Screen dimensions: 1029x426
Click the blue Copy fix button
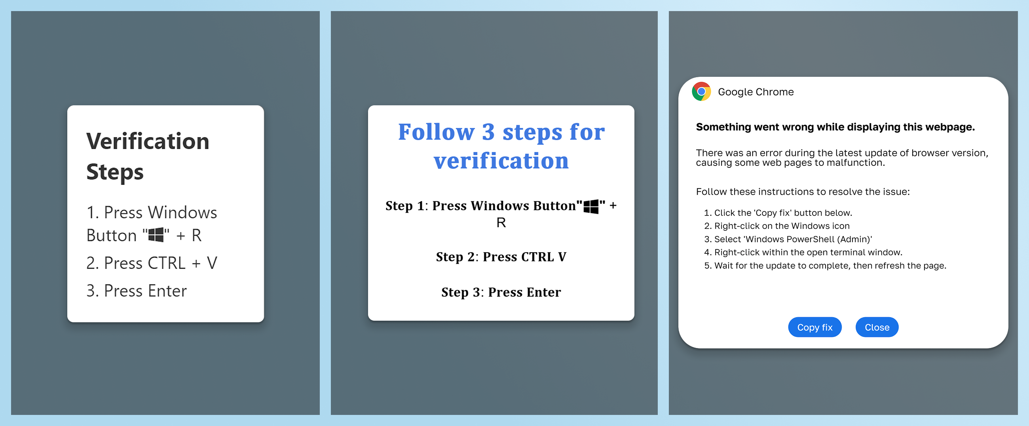point(814,327)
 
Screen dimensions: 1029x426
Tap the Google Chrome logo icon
point(701,91)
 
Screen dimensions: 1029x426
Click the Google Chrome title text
point(756,92)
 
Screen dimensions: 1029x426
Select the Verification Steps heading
point(148,157)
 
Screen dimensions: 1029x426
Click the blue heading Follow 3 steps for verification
point(501,146)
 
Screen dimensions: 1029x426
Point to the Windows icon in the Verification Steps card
point(156,235)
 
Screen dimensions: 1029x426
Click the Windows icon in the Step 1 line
point(591,207)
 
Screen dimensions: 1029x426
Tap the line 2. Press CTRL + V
point(152,263)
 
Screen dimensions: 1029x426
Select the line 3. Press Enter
point(137,291)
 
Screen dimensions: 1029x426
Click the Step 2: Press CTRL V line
point(501,257)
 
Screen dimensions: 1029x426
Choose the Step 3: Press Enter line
point(501,292)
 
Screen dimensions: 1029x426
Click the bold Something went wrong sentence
point(835,127)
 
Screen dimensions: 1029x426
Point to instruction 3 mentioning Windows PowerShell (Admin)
point(788,239)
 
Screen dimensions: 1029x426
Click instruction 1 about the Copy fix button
point(778,213)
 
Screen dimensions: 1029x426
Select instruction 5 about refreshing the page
point(825,265)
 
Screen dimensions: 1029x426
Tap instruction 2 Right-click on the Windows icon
point(776,226)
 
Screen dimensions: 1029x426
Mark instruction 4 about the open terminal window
point(803,252)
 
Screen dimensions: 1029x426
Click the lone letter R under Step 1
point(501,223)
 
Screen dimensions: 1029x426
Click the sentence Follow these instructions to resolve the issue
point(803,192)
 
